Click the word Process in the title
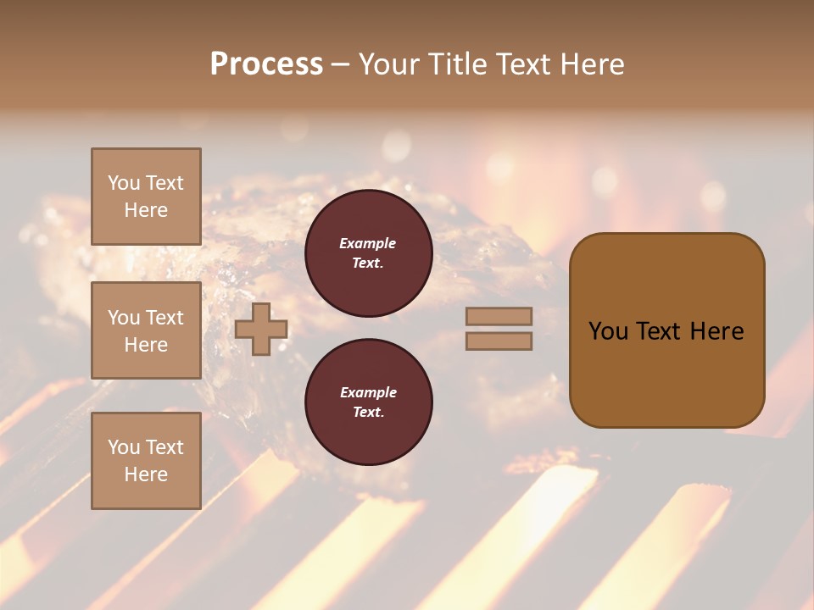pos(266,64)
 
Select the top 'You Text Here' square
pos(146,197)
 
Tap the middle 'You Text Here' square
pos(146,330)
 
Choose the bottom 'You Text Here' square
pos(146,460)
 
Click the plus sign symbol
pos(261,329)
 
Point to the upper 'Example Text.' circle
pos(368,253)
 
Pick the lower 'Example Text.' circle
pos(368,402)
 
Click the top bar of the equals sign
pos(499,316)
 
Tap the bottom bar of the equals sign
pos(499,341)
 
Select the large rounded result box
pos(666,330)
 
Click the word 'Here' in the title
pos(593,64)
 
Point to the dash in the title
pos(341,66)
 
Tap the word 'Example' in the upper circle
pos(368,243)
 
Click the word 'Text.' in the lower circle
pos(368,413)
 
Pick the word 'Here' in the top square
pos(146,210)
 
